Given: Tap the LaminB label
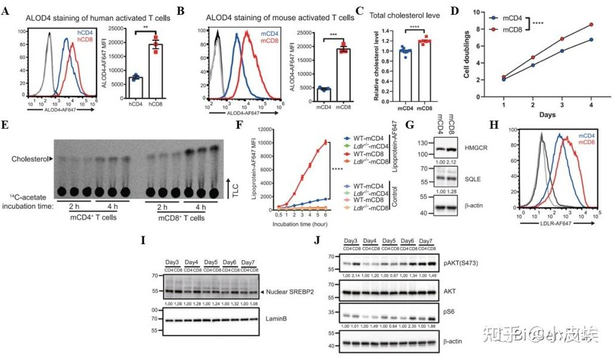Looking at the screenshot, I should tap(277, 319).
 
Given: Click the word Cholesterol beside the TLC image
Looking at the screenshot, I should tap(30, 159).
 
